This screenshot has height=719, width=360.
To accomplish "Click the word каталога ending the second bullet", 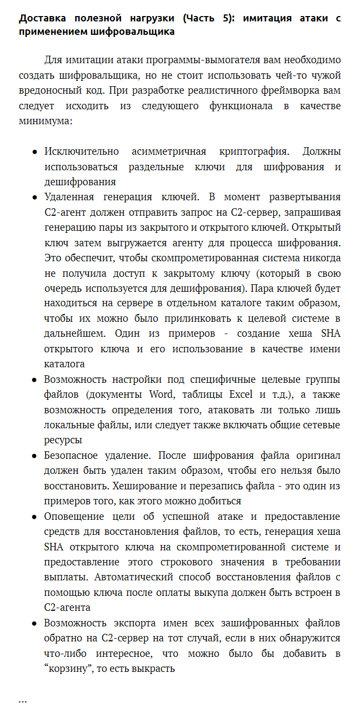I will point(64,364).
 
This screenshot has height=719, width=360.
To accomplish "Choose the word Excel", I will point(241,395).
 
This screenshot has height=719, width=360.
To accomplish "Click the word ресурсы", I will point(63,440).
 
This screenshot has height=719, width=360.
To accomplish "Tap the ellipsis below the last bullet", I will point(23,700).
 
